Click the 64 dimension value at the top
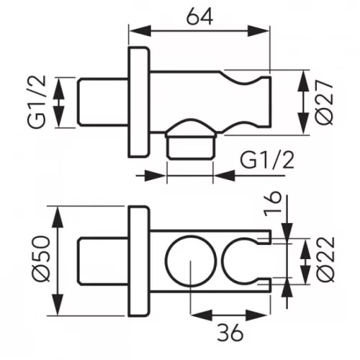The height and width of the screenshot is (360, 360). coord(199,17)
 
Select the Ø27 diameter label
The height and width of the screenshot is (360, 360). coord(325,102)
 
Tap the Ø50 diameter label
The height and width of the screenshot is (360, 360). coord(42,258)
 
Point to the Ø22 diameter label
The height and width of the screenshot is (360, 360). coord(325,259)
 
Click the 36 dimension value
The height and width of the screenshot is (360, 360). coord(230,333)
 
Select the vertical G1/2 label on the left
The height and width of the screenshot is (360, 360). coord(37,102)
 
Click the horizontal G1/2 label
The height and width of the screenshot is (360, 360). coord(267,160)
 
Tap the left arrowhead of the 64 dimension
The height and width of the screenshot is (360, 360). coord(140,31)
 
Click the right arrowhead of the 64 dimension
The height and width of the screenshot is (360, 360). coord(258,31)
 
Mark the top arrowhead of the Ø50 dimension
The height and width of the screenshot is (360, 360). coord(58,217)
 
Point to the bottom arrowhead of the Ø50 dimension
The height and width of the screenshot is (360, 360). coord(58,304)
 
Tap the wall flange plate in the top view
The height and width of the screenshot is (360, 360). coord(139,102)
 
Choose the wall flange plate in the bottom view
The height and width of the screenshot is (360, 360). coord(139,261)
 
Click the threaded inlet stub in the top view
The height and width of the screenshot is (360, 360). coord(103,102)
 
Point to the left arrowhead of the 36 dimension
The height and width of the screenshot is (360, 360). coord(202,314)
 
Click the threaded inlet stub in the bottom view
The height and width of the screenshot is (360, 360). coord(103,261)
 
